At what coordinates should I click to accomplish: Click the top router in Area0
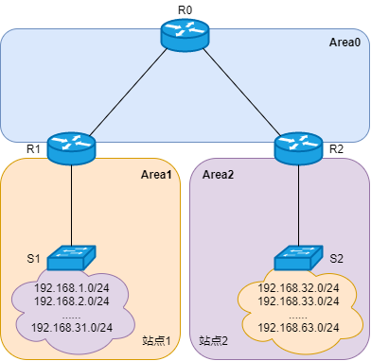pos(185,34)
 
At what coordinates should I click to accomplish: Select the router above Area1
pos(71,147)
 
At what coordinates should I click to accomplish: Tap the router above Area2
pos(298,147)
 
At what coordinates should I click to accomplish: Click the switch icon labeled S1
pos(72,255)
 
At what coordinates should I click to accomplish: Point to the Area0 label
pos(344,43)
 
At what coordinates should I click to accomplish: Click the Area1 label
pos(157,175)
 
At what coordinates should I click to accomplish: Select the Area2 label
pos(219,175)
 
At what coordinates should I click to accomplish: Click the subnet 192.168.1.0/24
pos(72,288)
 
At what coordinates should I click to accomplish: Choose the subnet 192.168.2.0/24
pos(72,301)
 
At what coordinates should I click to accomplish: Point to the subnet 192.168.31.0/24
pos(72,327)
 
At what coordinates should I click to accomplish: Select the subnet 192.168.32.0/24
pos(298,288)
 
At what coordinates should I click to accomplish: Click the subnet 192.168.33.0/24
pos(298,301)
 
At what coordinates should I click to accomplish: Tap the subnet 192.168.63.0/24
pos(298,327)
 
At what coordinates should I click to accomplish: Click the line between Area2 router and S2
pos(298,203)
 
